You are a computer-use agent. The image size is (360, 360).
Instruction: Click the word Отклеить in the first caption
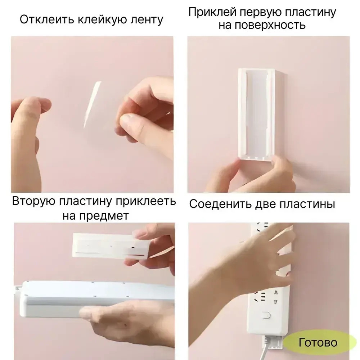tap(46, 19)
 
